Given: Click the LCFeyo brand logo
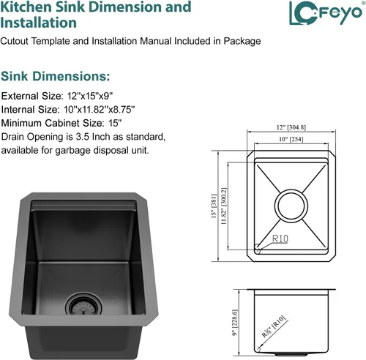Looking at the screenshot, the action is [325, 13].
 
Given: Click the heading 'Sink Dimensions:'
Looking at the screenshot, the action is [56, 76].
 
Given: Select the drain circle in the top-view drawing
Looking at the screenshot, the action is [291, 206].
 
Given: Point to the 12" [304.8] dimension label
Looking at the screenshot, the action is [291, 127].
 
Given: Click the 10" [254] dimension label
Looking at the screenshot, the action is [291, 139].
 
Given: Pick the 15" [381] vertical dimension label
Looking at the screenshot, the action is [214, 206].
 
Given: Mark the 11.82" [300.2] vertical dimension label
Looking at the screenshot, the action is [224, 206].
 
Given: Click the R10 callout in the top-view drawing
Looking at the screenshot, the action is [280, 239].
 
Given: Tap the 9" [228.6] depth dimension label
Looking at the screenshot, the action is [235, 323].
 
